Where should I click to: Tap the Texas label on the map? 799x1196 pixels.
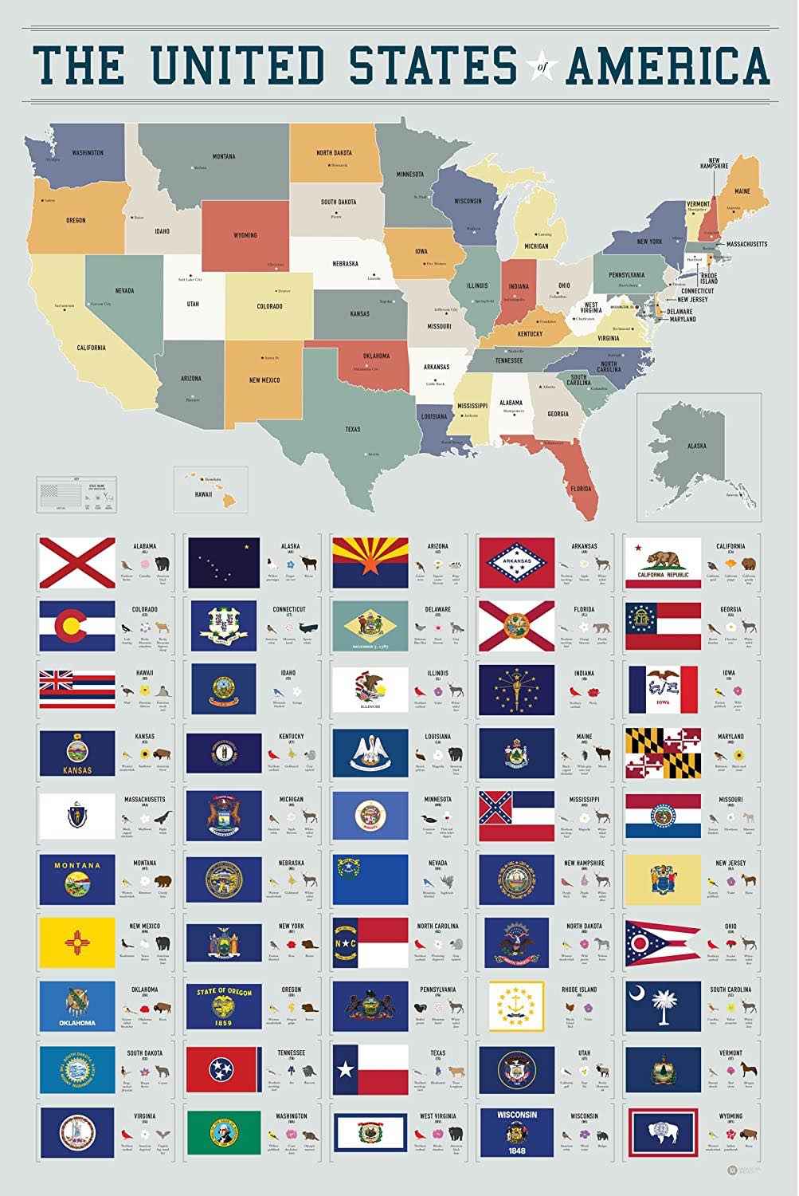click(x=352, y=429)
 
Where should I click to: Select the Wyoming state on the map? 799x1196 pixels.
click(x=245, y=235)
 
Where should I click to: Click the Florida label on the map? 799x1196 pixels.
click(x=580, y=488)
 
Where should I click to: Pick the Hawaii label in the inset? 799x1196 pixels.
click(x=204, y=494)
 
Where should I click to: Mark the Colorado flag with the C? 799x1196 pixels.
click(x=77, y=626)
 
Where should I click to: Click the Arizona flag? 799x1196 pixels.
click(x=370, y=562)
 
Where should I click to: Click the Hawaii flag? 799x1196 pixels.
click(x=77, y=689)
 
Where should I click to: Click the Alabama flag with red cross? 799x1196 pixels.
click(x=77, y=562)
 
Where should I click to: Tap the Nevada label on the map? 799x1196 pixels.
click(x=124, y=291)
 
